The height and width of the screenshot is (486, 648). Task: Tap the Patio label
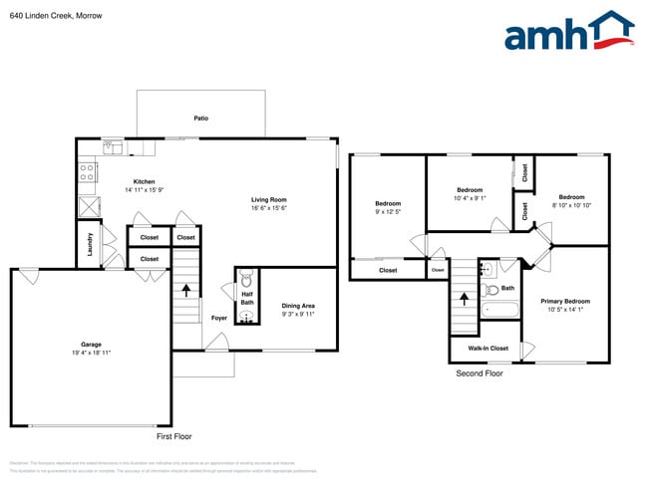coord(201,118)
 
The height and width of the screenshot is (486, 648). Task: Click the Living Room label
coord(269,199)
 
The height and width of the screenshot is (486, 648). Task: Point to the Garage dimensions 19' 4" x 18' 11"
coord(91,353)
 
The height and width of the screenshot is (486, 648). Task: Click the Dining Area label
coord(299,306)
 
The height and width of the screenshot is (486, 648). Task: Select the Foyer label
coord(219,318)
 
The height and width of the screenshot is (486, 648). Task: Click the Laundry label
coord(90,245)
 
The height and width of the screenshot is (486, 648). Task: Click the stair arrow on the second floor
coord(465,298)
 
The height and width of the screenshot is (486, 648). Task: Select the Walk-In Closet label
coord(488,349)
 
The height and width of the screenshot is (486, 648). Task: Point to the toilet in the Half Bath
coord(247,279)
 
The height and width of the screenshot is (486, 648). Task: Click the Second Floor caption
coord(481,373)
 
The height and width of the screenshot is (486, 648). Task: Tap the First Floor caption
coord(174,436)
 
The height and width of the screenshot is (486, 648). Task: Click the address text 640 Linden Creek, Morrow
coord(51,16)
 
